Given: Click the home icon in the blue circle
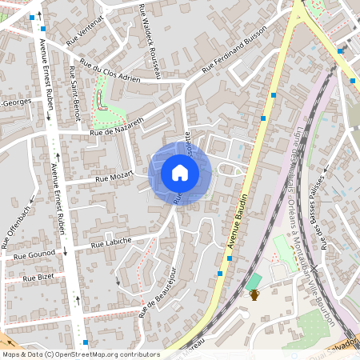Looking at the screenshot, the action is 180,173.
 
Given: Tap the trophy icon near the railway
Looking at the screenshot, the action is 254,294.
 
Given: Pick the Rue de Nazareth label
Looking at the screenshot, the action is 116,125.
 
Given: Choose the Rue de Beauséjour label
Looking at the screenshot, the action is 158,292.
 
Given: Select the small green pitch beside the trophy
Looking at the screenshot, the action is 254,281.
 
